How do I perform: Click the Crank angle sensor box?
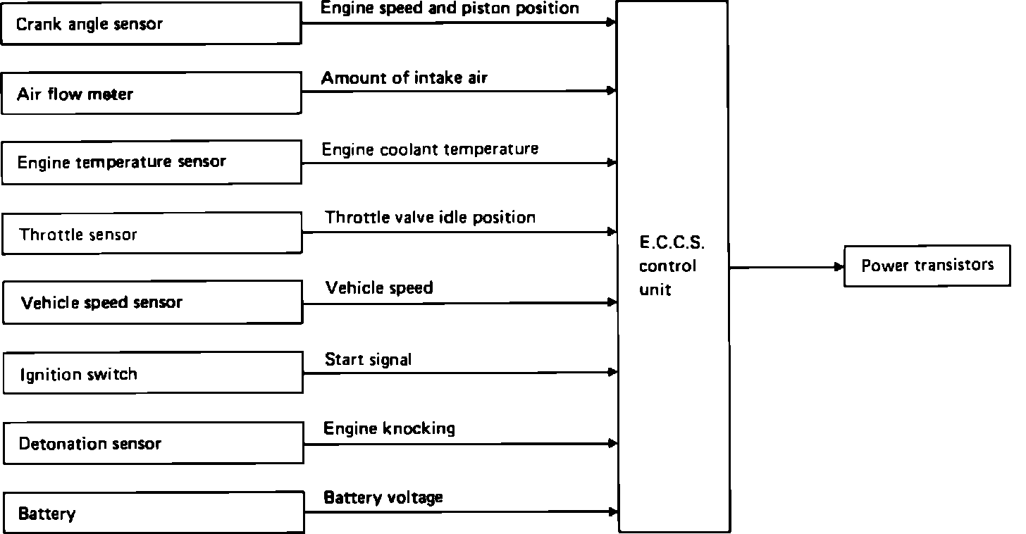point(151,23)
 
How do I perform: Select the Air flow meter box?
point(151,93)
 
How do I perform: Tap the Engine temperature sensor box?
point(151,163)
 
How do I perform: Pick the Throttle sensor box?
point(152,233)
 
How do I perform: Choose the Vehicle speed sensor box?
point(152,303)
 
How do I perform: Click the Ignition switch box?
point(152,373)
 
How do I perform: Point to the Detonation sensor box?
point(153,443)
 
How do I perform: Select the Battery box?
point(153,513)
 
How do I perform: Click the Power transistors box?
point(927,266)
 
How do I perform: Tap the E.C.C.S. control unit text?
point(672,266)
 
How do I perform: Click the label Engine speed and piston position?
point(450,8)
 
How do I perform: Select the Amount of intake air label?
point(404,77)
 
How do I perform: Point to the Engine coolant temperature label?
point(430,149)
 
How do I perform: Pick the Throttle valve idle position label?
point(430,217)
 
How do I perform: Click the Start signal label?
point(368,360)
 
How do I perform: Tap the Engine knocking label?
point(389,428)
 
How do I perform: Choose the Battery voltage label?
point(383,497)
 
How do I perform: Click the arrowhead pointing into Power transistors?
point(839,267)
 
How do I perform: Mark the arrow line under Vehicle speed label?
point(458,303)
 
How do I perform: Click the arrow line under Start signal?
point(458,373)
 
